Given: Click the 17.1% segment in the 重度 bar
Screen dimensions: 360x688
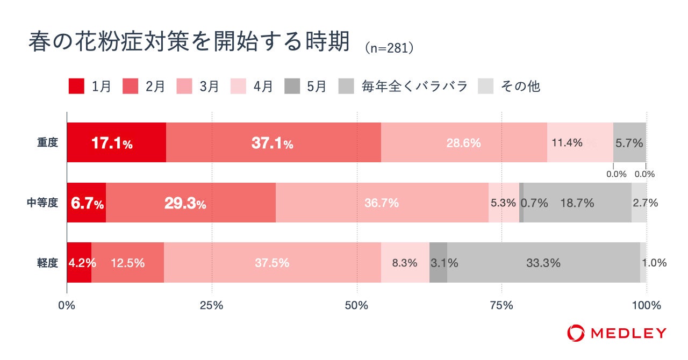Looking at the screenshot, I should pyautogui.click(x=116, y=142).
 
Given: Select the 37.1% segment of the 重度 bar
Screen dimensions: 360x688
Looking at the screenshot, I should pyautogui.click(x=273, y=142).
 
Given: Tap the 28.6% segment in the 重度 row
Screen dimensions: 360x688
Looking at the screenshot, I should pyautogui.click(x=463, y=142).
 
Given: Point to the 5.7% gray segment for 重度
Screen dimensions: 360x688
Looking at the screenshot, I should pyautogui.click(x=629, y=142).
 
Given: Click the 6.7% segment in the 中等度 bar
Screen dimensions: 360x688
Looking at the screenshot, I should pyautogui.click(x=86, y=203).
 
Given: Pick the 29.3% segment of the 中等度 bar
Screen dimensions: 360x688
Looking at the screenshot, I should pyautogui.click(x=190, y=203).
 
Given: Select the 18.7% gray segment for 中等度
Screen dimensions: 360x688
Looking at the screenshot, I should pyautogui.click(x=577, y=203).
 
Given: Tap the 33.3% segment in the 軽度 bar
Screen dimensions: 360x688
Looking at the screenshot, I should pyautogui.click(x=543, y=263).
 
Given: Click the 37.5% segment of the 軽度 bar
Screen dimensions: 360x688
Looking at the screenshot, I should pyautogui.click(x=272, y=263).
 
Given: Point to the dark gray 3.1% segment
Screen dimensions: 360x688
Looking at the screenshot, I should pyautogui.click(x=438, y=263).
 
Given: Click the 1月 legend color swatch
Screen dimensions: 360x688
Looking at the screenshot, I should pyautogui.click(x=76, y=86).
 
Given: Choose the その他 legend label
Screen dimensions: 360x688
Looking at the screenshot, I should pyautogui.click(x=520, y=86).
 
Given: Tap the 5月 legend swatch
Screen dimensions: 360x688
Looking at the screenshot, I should pyautogui.click(x=292, y=86).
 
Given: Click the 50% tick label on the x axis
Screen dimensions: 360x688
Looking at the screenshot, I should pyautogui.click(x=357, y=306).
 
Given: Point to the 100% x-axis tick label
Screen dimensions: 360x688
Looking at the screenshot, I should pyautogui.click(x=646, y=306).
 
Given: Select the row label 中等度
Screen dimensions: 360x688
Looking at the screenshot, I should pyautogui.click(x=42, y=203).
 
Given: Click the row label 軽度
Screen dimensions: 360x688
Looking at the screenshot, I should pyautogui.click(x=47, y=263).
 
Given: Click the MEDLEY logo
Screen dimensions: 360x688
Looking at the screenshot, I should pyautogui.click(x=617, y=333).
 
